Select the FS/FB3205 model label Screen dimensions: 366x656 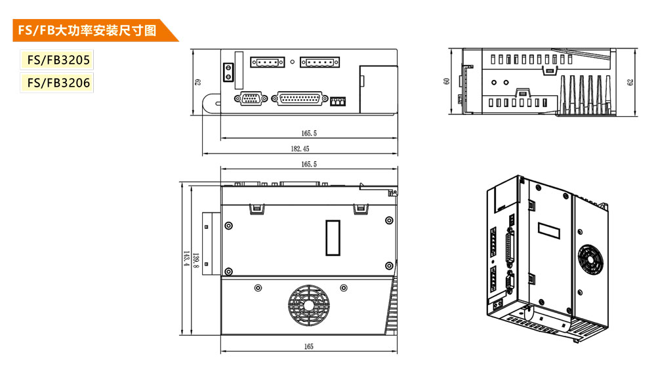click(x=56, y=61)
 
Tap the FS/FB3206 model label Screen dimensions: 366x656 click(x=56, y=83)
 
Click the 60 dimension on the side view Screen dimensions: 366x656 click(x=447, y=81)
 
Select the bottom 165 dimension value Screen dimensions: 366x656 click(x=309, y=346)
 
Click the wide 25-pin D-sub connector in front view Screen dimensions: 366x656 click(x=301, y=99)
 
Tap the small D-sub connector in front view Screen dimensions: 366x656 click(x=251, y=99)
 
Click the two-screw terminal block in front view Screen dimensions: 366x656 click(x=228, y=71)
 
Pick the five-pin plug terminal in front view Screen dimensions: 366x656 click(x=321, y=62)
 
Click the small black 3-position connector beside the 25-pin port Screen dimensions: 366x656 click(x=338, y=101)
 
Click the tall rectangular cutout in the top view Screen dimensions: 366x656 click(x=334, y=237)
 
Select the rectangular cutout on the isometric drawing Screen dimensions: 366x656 click(x=551, y=231)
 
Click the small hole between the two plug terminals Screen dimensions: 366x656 click(x=293, y=62)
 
